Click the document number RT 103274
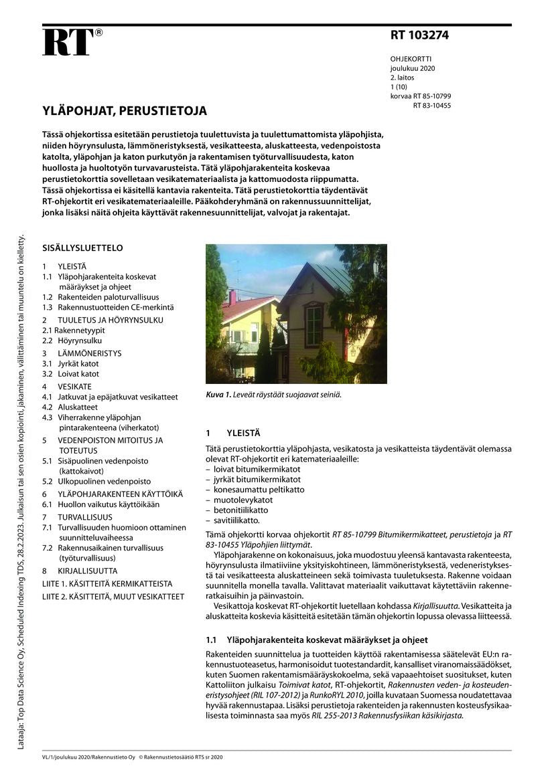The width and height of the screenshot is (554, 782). [419, 36]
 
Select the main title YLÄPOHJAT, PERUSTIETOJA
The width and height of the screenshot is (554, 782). [124, 111]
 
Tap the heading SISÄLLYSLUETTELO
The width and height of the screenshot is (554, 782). [82, 248]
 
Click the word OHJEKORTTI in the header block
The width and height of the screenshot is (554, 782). [411, 59]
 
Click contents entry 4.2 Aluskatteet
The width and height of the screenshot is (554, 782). [70, 407]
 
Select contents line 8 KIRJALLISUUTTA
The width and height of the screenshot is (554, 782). [79, 571]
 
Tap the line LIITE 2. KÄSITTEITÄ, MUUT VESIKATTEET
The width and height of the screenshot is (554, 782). [113, 596]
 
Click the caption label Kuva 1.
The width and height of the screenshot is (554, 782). [218, 395]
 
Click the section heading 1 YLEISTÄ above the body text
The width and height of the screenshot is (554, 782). [233, 433]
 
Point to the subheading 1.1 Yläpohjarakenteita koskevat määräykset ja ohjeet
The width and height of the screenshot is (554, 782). [316, 640]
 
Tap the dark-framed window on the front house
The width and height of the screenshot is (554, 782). [314, 326]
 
